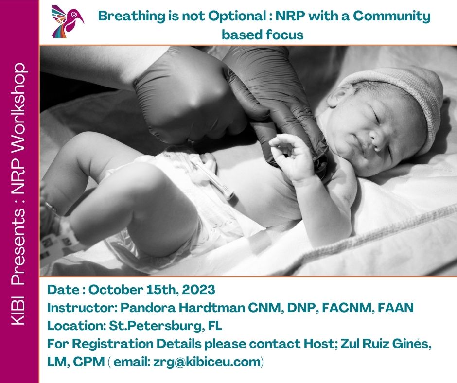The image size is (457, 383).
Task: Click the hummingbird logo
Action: click(67, 21)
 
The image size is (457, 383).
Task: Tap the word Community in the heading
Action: click(392, 16)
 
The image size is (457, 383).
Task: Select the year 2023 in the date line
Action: click(198, 290)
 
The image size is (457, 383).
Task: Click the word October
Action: click(116, 290)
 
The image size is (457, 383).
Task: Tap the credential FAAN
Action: click(396, 308)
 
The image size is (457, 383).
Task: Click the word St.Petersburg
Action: click(156, 326)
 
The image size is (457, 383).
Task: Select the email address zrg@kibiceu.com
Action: click(207, 362)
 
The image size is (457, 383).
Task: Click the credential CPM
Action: click(89, 362)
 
